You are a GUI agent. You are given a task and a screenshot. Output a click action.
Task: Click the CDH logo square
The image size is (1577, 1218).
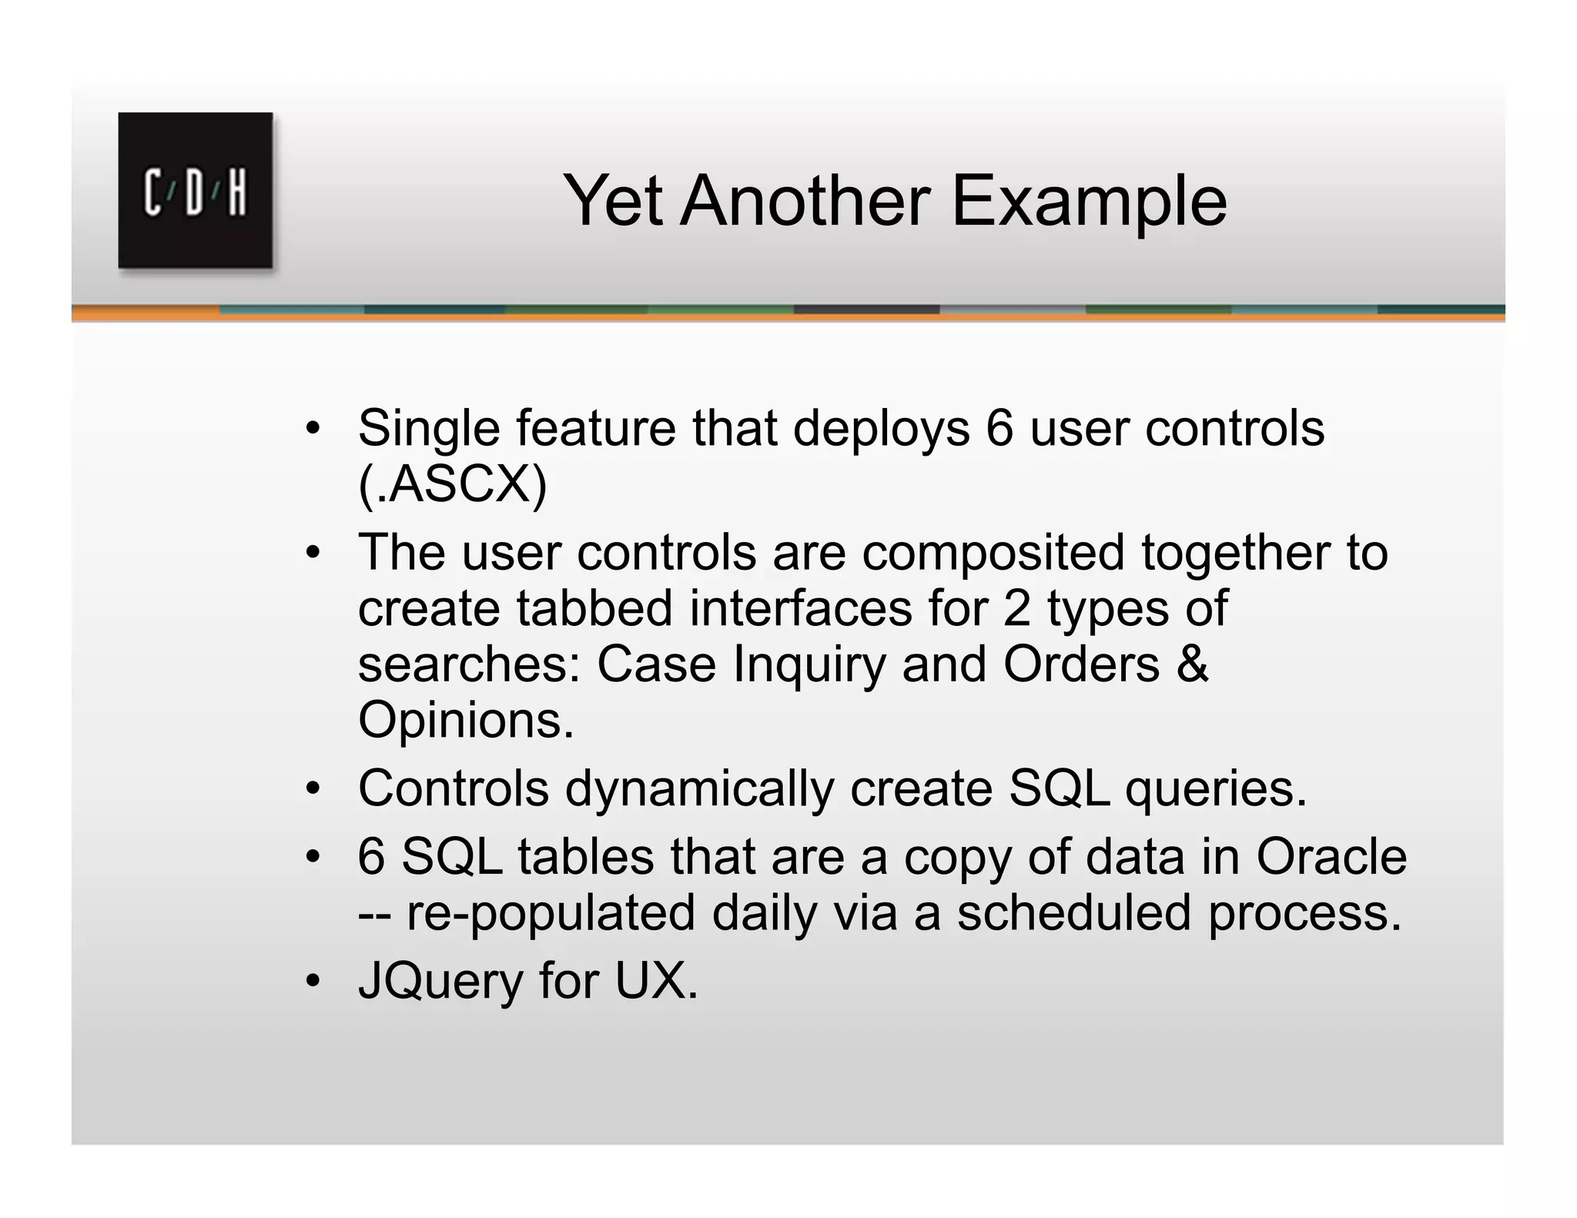point(195,190)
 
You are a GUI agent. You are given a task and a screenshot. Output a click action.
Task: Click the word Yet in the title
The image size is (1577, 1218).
point(612,201)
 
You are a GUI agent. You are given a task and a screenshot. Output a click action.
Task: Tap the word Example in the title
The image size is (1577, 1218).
point(1089,202)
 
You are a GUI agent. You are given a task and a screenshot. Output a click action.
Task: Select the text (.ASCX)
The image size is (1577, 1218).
point(452,485)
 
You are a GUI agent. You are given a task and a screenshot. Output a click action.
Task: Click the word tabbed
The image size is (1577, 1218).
point(594,609)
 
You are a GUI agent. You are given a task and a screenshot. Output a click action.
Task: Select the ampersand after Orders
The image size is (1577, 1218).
point(1192,664)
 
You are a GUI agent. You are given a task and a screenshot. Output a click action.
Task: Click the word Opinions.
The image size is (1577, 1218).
point(466,721)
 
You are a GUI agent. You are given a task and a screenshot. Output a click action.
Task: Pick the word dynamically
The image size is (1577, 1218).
point(699,790)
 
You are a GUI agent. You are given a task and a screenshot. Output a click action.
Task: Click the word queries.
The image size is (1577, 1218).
point(1216,790)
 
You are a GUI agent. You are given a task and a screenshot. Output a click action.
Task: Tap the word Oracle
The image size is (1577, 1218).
point(1331,857)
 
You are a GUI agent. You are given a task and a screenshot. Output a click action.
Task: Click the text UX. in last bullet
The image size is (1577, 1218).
point(656,982)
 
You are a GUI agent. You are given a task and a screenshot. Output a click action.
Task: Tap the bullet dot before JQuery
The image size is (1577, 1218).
point(312,981)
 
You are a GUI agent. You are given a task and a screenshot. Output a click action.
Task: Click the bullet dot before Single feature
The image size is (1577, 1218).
point(312,428)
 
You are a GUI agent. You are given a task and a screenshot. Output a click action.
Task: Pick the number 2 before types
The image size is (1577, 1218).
point(1016,609)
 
